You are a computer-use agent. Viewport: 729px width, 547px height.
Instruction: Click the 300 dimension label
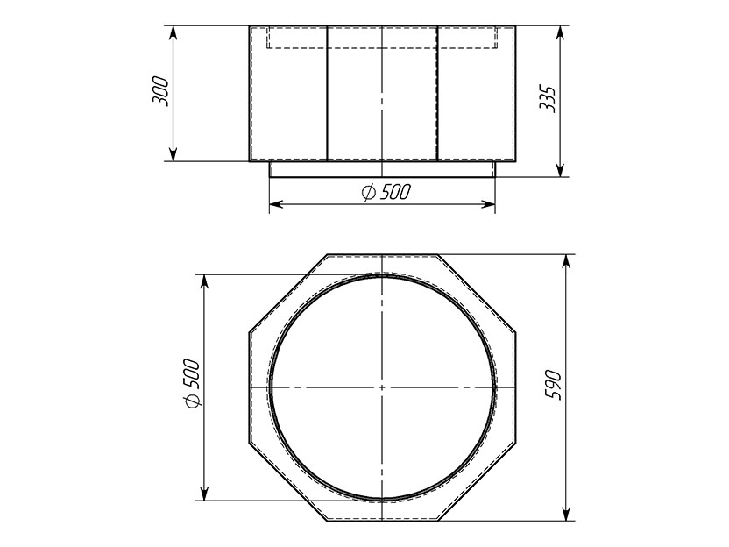(160, 91)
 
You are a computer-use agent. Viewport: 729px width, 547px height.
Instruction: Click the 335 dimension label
(548, 98)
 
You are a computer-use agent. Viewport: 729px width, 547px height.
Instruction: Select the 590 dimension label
(554, 385)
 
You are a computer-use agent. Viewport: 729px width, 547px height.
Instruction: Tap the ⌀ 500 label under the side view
(386, 192)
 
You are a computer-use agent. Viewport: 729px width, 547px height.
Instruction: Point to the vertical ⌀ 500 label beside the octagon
(192, 383)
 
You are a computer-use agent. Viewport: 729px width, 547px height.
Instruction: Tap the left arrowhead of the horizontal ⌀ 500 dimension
(276, 204)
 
